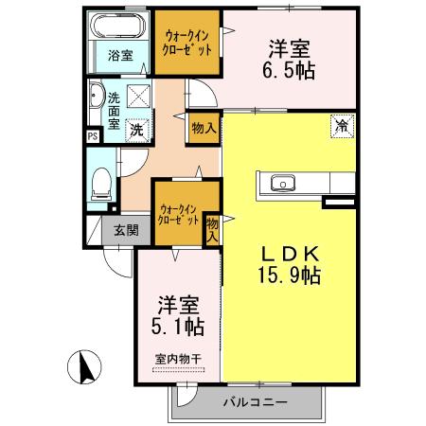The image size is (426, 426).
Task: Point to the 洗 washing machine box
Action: [137, 129]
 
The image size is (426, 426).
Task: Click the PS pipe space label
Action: [92, 135]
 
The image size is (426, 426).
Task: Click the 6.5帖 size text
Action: [291, 68]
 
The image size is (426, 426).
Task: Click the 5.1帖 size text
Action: [178, 327]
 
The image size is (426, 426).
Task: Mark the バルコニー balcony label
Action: [254, 402]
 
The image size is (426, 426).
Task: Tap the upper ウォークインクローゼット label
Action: [186, 40]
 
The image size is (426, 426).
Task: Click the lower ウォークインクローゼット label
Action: [180, 213]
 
